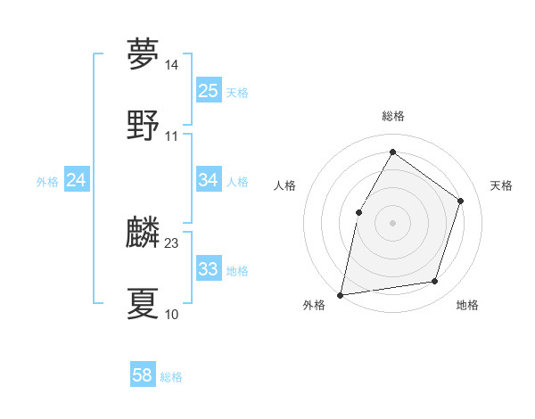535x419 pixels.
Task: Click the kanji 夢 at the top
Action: [143, 54]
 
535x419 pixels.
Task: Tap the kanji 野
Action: [143, 125]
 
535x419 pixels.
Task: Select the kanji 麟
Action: [143, 233]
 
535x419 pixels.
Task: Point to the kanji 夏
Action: [143, 303]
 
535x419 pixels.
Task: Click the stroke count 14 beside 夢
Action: [171, 65]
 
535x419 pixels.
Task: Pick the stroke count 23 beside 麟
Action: [171, 243]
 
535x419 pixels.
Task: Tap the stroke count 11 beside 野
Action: [171, 136]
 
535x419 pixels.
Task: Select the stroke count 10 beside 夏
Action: [171, 315]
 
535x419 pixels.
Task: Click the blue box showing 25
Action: [209, 91]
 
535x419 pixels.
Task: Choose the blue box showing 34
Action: [209, 180]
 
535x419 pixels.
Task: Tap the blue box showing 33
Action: [209, 269]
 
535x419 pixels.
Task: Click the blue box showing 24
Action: [77, 180]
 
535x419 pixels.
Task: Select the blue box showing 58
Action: [143, 375]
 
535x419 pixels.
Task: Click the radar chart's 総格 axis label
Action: [393, 117]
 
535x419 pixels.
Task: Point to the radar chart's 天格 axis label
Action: [501, 185]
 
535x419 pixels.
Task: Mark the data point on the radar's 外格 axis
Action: [341, 294]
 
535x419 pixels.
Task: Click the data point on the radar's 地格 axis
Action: [435, 281]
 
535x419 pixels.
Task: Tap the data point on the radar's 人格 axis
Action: [358, 211]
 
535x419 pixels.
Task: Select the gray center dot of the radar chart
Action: [392, 222]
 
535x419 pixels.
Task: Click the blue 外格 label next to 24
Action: [47, 181]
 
